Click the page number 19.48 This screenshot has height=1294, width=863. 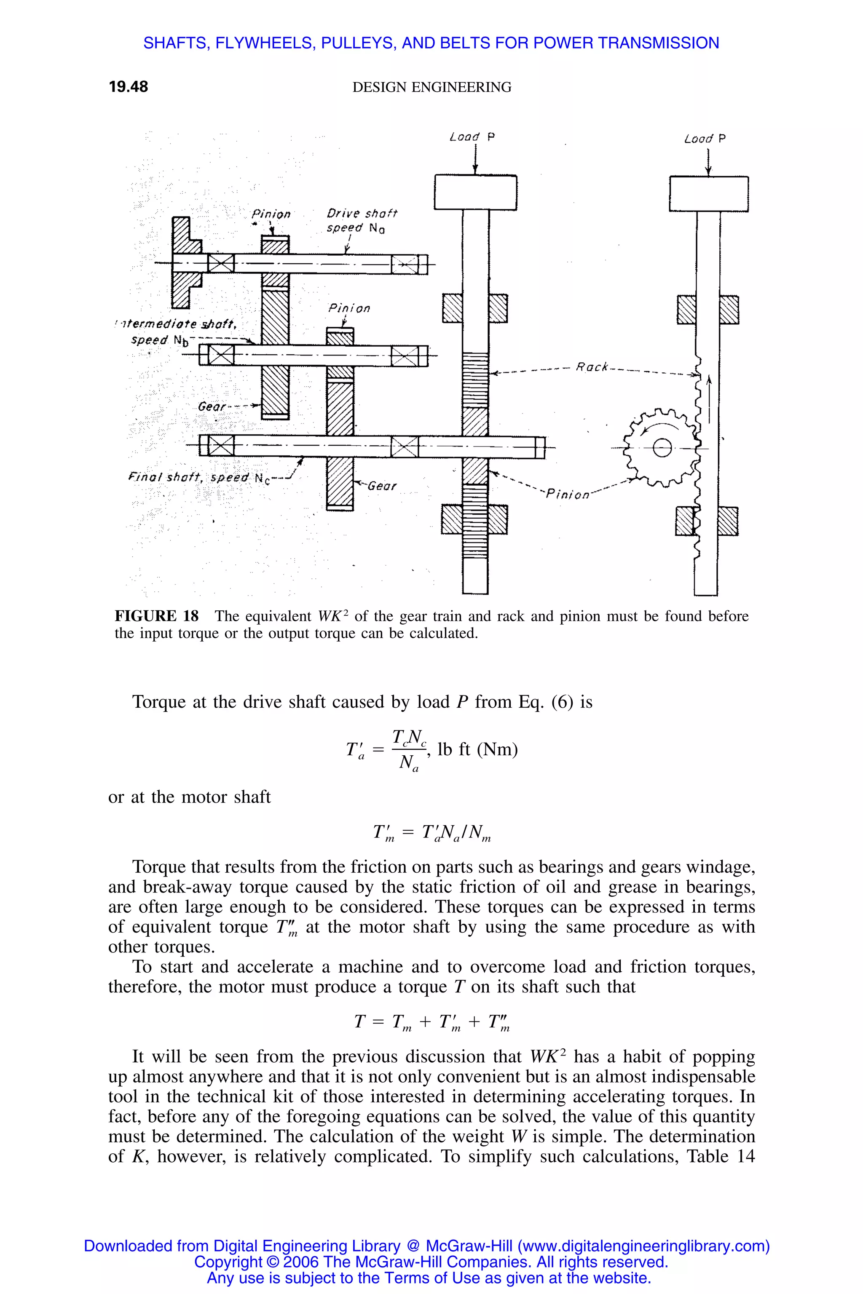pos(128,87)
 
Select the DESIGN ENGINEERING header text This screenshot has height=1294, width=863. pos(431,88)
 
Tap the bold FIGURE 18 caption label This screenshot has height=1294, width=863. pos(156,616)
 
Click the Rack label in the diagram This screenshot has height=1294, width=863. pos(592,367)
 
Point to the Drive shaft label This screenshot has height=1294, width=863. pos(362,214)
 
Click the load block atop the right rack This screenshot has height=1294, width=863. pos(708,194)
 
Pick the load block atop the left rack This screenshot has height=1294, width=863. pos(475,192)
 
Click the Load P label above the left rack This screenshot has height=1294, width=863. pos(472,137)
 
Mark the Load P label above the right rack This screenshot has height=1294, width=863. pos(705,139)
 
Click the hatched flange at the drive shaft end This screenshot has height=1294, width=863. pos(182,262)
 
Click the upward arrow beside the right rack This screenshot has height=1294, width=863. pos(709,399)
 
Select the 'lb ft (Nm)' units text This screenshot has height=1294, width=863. pos(477,749)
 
